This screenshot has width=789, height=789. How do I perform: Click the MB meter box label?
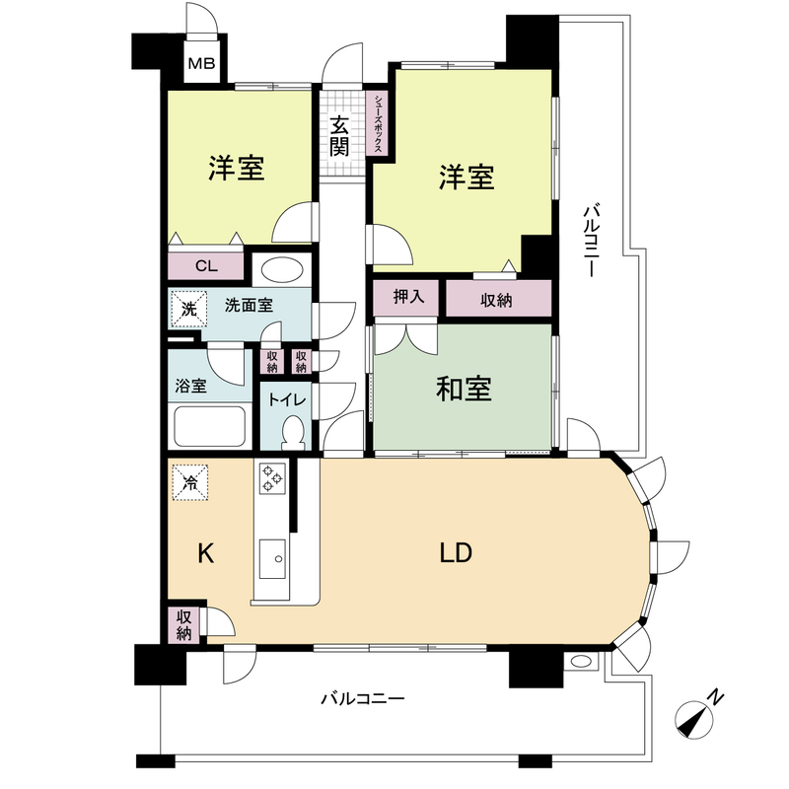201,66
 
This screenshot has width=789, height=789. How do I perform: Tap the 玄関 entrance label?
338,136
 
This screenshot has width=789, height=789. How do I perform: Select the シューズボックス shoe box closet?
379,123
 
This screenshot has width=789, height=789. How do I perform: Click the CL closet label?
205,265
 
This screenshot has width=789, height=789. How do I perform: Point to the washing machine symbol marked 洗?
188,308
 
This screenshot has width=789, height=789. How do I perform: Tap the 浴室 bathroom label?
191,386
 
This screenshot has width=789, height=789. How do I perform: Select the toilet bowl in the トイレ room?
293,432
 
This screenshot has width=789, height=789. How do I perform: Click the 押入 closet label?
408,299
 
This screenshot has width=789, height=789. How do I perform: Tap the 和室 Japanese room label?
464,391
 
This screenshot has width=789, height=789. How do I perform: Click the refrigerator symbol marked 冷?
190,483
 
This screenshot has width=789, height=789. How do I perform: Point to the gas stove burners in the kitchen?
272,480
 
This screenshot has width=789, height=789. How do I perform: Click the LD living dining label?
456,553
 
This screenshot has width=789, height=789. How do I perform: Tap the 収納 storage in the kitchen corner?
183,623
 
